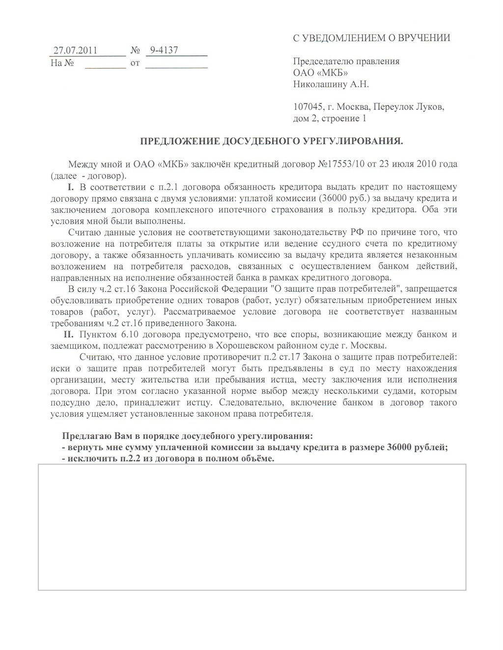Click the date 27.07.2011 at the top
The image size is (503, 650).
coord(75,51)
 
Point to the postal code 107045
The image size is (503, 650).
coord(308,107)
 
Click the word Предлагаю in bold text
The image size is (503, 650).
coord(82,436)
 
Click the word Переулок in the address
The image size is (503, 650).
coord(392,107)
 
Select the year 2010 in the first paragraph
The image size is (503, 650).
coord(427,163)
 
